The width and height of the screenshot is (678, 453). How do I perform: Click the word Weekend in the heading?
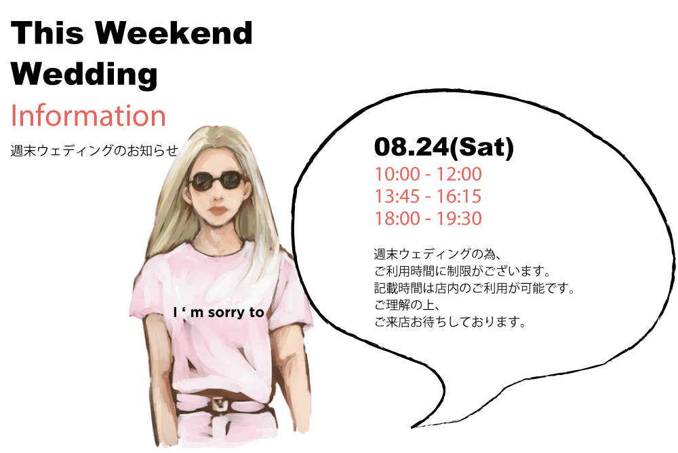[174, 33]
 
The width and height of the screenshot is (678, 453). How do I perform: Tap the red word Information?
[88, 115]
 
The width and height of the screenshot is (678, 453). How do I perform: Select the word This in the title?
[47, 33]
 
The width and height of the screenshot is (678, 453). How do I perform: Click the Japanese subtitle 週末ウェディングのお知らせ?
[94, 151]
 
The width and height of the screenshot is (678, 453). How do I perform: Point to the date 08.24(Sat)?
[444, 147]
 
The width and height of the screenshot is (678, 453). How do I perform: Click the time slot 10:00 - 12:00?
[428, 174]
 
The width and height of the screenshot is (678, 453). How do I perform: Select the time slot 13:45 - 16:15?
[428, 196]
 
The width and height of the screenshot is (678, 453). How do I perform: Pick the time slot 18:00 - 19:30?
[428, 218]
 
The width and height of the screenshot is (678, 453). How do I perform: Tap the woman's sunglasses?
[217, 181]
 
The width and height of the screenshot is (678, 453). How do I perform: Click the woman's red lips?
[218, 211]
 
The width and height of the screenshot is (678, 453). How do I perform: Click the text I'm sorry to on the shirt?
[218, 312]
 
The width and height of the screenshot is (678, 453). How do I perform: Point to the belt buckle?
[220, 405]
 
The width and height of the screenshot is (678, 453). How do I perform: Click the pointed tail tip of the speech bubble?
[412, 427]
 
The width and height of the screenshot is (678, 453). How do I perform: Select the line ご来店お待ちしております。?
[450, 322]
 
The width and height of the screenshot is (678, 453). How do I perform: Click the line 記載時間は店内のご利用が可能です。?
[475, 288]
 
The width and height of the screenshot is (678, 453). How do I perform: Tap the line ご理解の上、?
[407, 305]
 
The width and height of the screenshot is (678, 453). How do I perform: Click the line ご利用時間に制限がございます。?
[462, 271]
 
